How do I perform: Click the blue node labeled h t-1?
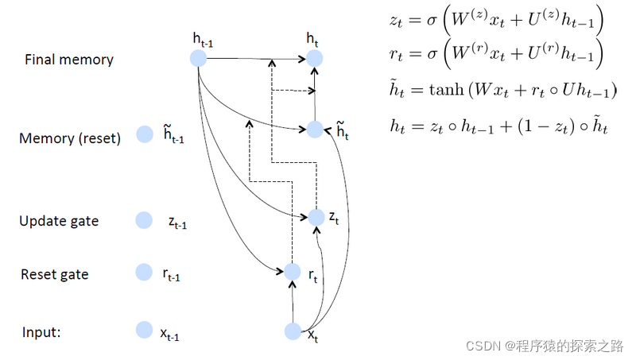pos(198,58)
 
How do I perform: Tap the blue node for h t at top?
pos(315,58)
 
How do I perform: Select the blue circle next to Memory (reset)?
pos(144,135)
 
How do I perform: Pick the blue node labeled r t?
pos(293,273)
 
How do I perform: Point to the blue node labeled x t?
pos(293,331)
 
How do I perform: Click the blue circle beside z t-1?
pos(144,220)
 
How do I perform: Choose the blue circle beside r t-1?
pos(144,273)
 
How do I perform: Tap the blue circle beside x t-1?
pos(144,330)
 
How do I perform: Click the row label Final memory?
pos(69,60)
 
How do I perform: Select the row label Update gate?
pos(59,221)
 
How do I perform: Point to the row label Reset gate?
pos(55,274)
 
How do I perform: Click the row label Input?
pos(41,332)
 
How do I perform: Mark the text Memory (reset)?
pos(70,139)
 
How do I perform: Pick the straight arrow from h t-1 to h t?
pos(254,58)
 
